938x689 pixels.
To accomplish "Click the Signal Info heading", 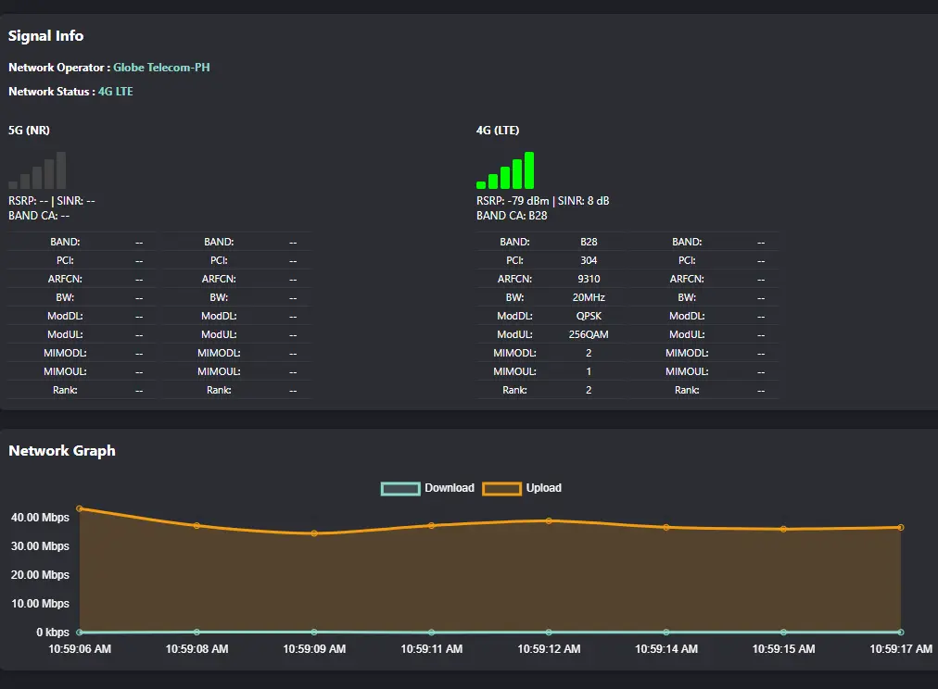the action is click(x=46, y=36).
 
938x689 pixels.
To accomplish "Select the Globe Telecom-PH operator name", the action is click(x=161, y=68).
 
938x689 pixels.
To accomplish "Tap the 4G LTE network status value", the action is click(x=116, y=92).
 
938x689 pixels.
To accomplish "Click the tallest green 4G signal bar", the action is click(x=529, y=170).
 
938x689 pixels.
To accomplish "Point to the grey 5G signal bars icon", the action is click(x=37, y=170).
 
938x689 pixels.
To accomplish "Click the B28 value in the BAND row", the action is click(x=589, y=242).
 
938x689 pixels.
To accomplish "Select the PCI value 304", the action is click(x=589, y=260).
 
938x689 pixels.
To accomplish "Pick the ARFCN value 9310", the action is click(x=589, y=279).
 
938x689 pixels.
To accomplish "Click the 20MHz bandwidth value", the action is click(x=589, y=297).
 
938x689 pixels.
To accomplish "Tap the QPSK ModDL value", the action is click(x=589, y=316).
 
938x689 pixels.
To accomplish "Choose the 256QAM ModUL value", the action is click(x=589, y=334).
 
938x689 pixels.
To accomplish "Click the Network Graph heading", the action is click(x=61, y=451).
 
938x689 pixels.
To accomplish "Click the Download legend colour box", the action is click(x=400, y=489).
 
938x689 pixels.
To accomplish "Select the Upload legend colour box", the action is click(x=501, y=489).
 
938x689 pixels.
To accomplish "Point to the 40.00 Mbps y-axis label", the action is click(x=40, y=518).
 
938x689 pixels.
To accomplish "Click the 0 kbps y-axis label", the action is click(x=53, y=633).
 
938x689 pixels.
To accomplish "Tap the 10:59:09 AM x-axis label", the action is click(x=314, y=649).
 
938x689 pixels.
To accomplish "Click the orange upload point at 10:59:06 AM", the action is click(x=80, y=508).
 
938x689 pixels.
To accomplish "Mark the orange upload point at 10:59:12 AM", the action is click(x=549, y=521).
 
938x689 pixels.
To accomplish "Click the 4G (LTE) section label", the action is click(x=498, y=131).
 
